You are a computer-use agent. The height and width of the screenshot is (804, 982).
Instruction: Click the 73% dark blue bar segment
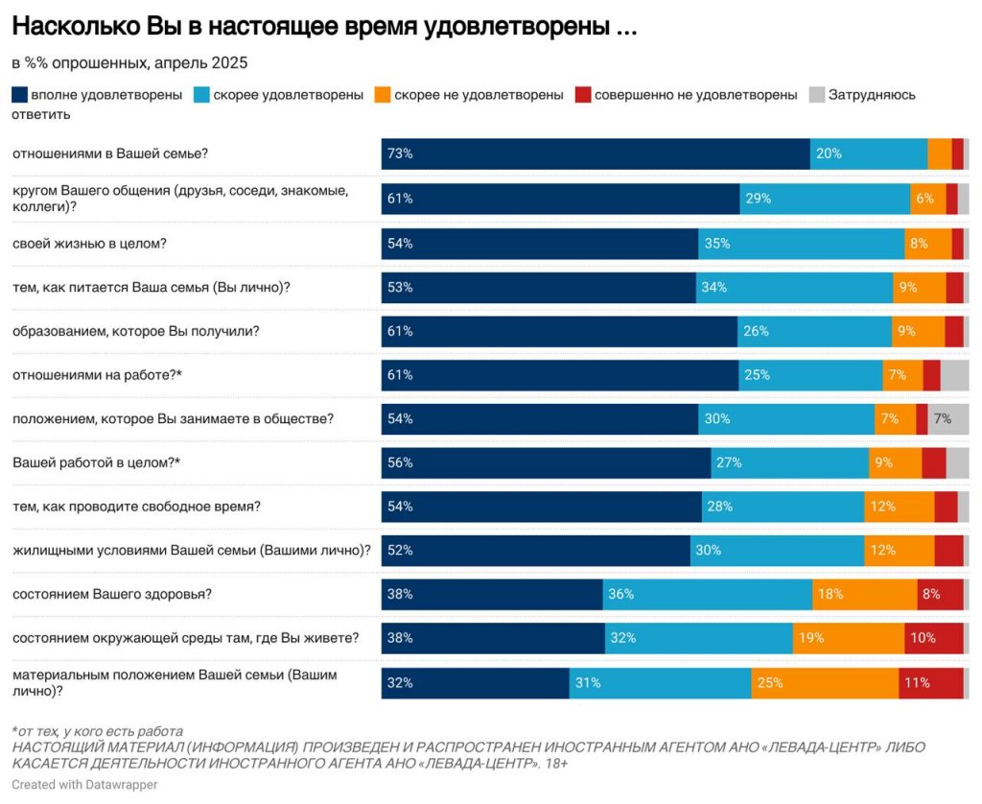595,154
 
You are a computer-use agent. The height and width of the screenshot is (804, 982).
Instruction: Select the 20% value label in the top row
829,154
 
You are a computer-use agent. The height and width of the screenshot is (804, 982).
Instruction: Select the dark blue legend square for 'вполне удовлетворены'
19,95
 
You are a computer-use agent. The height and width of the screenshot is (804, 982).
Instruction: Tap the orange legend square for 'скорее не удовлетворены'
382,95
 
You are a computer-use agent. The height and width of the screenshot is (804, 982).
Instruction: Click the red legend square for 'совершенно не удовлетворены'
582,95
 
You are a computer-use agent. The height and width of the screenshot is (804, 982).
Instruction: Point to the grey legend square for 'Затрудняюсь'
817,95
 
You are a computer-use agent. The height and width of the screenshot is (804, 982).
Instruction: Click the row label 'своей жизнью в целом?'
89,244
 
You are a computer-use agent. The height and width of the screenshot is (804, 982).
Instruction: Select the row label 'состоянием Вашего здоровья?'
111,594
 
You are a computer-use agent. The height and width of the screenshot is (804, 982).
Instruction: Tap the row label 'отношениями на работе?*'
97,375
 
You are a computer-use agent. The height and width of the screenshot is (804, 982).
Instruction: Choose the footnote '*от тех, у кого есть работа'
97,731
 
